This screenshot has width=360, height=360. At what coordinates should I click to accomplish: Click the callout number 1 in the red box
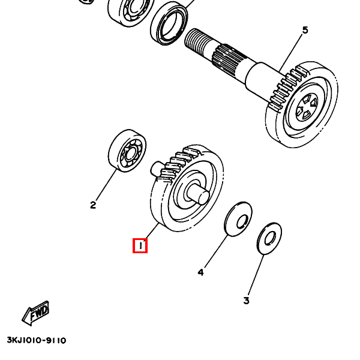click(x=140, y=245)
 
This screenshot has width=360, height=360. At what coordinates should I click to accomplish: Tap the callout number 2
click(x=93, y=205)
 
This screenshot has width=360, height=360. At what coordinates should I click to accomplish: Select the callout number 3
click(x=246, y=300)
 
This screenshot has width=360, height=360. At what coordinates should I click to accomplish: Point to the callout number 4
click(x=201, y=272)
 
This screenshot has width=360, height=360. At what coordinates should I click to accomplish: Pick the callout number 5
click(x=305, y=31)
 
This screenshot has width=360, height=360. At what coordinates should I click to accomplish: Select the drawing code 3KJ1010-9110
click(x=37, y=340)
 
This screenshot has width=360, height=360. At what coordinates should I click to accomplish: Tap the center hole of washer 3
click(x=270, y=239)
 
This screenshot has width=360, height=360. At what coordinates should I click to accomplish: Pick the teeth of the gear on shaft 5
click(x=286, y=87)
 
